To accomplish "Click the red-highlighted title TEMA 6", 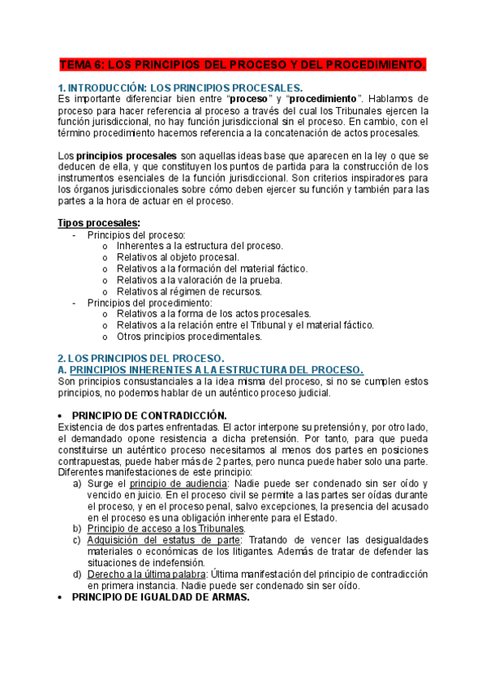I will pos(243,64).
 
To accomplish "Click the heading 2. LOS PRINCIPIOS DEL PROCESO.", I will pos(140,359).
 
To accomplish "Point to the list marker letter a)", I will pos(78,484).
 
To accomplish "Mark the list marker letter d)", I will pos(78,574).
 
